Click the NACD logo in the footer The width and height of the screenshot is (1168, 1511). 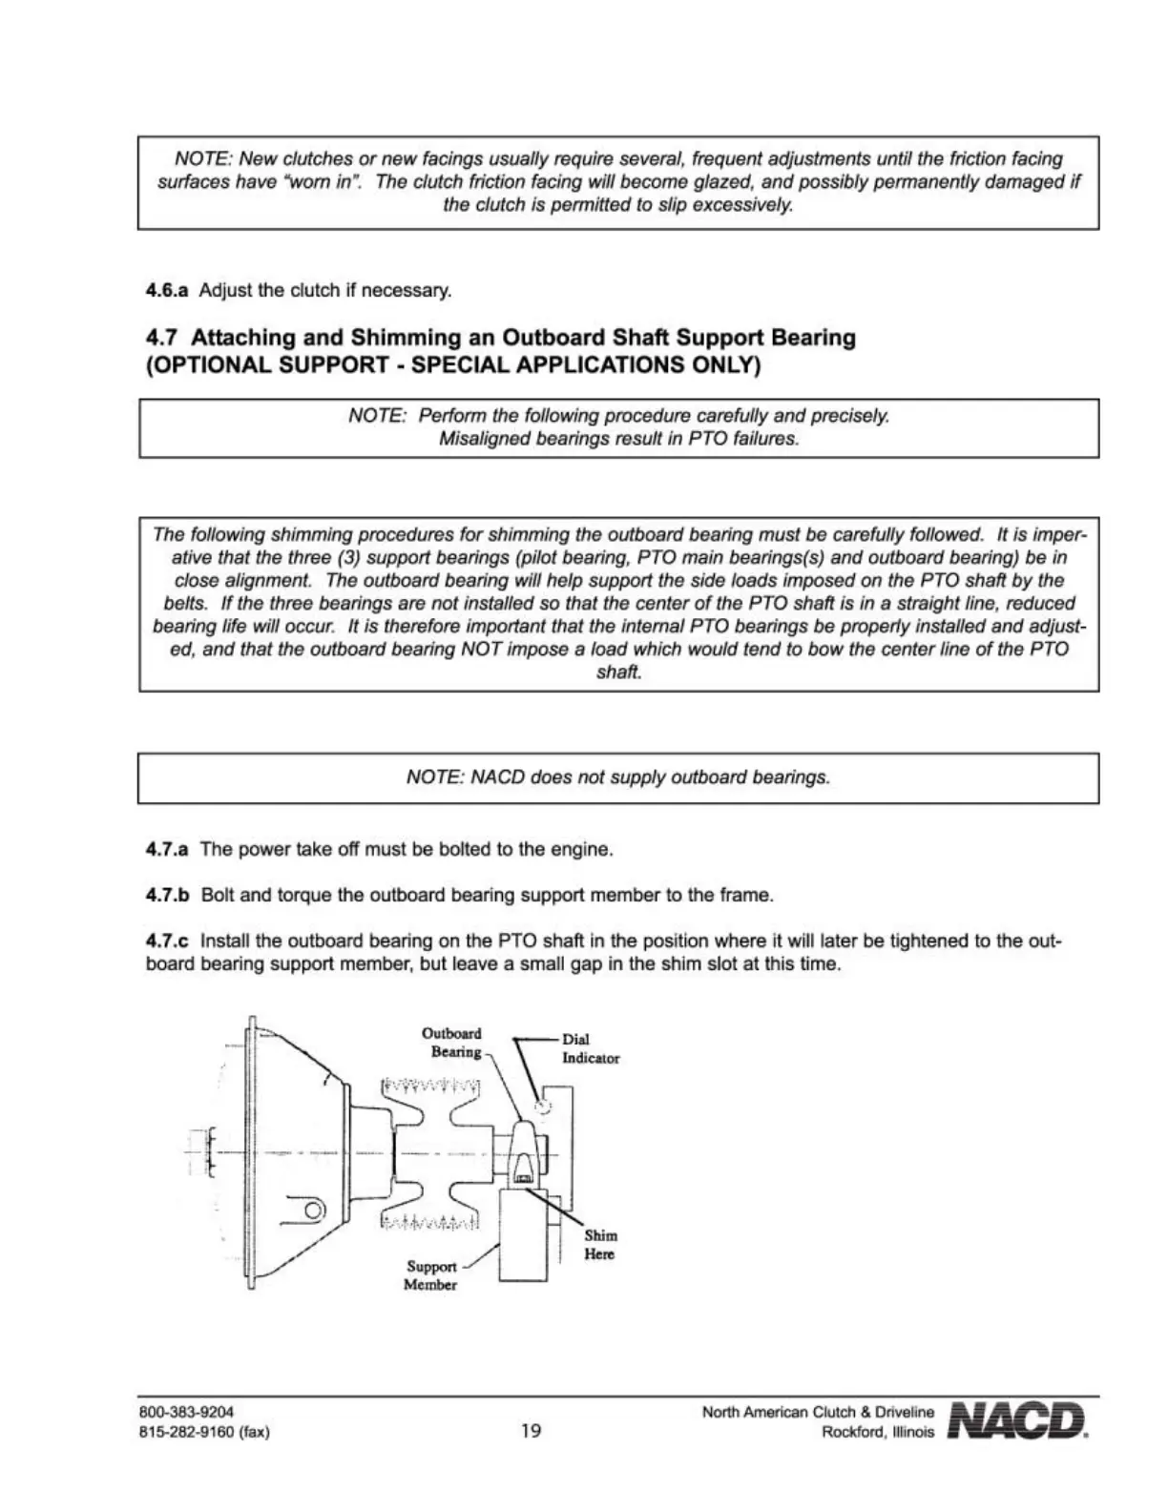[1017, 1420]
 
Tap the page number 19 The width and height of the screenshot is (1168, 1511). [531, 1431]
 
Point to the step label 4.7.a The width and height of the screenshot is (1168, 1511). [167, 849]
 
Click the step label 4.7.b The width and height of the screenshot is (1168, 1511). [168, 896]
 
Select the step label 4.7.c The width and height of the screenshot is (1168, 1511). [167, 942]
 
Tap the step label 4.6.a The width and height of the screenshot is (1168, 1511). [167, 290]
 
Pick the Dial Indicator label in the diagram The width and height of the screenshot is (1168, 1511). [590, 1048]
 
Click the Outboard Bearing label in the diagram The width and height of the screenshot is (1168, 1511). [453, 1043]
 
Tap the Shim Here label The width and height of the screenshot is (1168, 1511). [600, 1245]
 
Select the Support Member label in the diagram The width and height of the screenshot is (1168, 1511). [430, 1275]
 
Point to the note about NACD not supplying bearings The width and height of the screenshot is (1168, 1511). [618, 777]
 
